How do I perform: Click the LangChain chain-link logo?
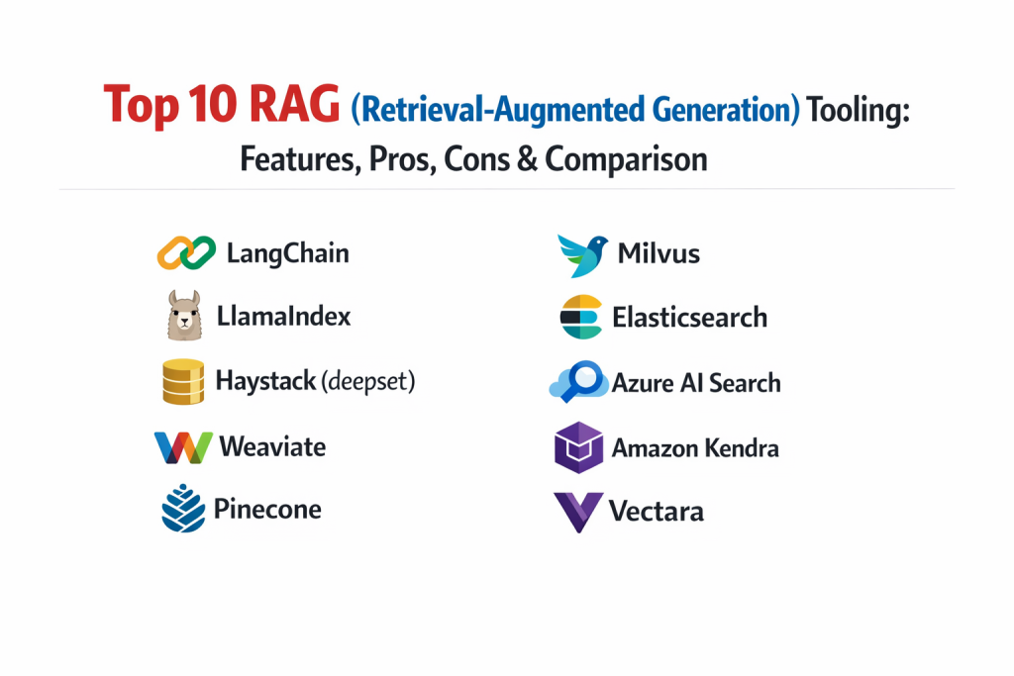(x=186, y=252)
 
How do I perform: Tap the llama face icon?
(x=184, y=316)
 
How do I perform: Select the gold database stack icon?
(x=183, y=381)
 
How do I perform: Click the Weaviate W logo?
(x=183, y=447)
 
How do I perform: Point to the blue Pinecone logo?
(x=183, y=508)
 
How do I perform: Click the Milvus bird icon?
(x=582, y=256)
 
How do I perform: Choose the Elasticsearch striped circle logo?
(x=581, y=317)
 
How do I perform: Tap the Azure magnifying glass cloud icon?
(x=579, y=381)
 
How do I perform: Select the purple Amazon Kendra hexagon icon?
(x=578, y=447)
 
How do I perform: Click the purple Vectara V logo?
(x=578, y=512)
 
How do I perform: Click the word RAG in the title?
(x=294, y=104)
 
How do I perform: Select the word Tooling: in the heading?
(x=859, y=110)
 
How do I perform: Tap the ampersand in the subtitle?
(x=527, y=158)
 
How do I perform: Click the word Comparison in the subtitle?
(x=626, y=159)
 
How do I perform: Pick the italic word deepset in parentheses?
(x=368, y=381)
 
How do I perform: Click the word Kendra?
(x=741, y=448)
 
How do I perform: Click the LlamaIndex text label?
(x=283, y=316)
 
